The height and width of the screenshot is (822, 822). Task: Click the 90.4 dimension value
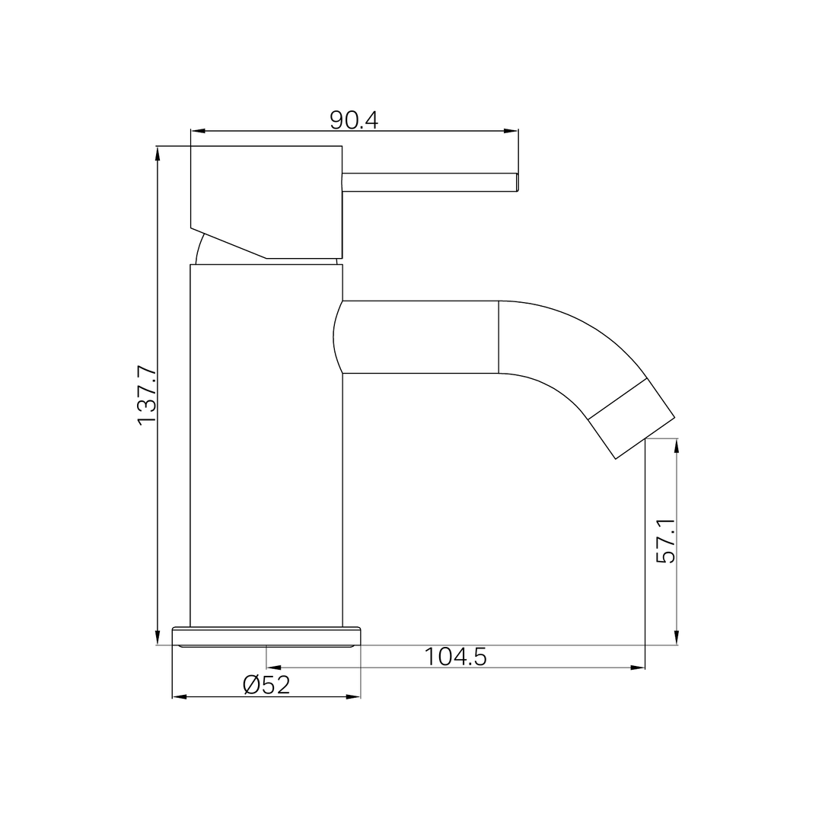click(x=354, y=120)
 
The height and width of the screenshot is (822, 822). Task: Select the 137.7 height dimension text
click(x=147, y=396)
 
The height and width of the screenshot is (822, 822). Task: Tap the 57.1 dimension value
click(x=666, y=541)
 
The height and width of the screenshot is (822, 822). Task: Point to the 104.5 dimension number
click(x=455, y=656)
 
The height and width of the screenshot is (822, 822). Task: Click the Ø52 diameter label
click(x=266, y=685)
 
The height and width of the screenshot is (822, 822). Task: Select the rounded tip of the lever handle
click(x=517, y=183)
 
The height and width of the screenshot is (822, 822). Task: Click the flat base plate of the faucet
click(x=266, y=636)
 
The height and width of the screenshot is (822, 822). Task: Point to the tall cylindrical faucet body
click(x=266, y=445)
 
